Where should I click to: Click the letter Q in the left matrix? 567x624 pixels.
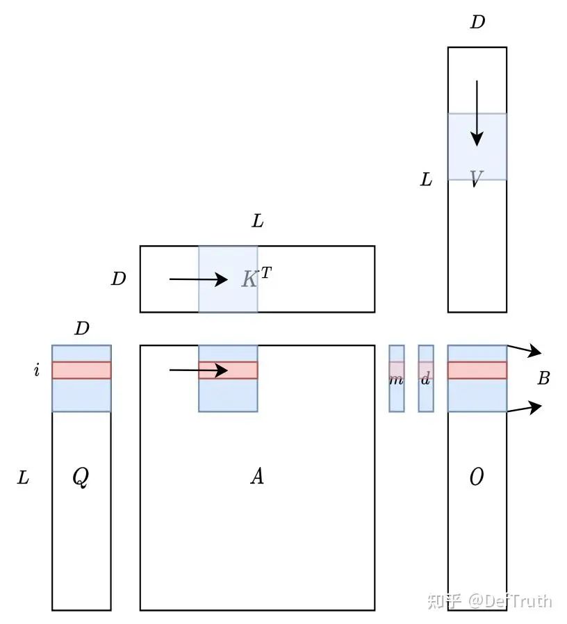pos(81,477)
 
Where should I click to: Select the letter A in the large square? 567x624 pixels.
pos(257,477)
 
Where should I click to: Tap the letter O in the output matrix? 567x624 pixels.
pos(477,477)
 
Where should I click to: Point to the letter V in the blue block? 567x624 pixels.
pos(476,180)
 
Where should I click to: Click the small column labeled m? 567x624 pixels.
pos(396,379)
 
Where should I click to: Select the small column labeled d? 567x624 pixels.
pos(426,379)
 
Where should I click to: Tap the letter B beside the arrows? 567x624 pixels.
pos(544,379)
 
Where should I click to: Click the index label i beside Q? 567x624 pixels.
pos(36,370)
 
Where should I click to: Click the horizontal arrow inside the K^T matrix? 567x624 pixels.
pos(199,279)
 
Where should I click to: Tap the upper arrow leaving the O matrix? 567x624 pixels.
pos(524,350)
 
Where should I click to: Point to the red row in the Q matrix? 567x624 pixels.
pos(81,370)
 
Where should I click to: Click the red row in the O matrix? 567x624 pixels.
pos(477,370)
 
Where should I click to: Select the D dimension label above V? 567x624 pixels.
pos(477,22)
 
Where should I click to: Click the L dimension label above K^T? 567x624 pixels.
pos(257,222)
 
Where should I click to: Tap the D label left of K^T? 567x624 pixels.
pos(119,279)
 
